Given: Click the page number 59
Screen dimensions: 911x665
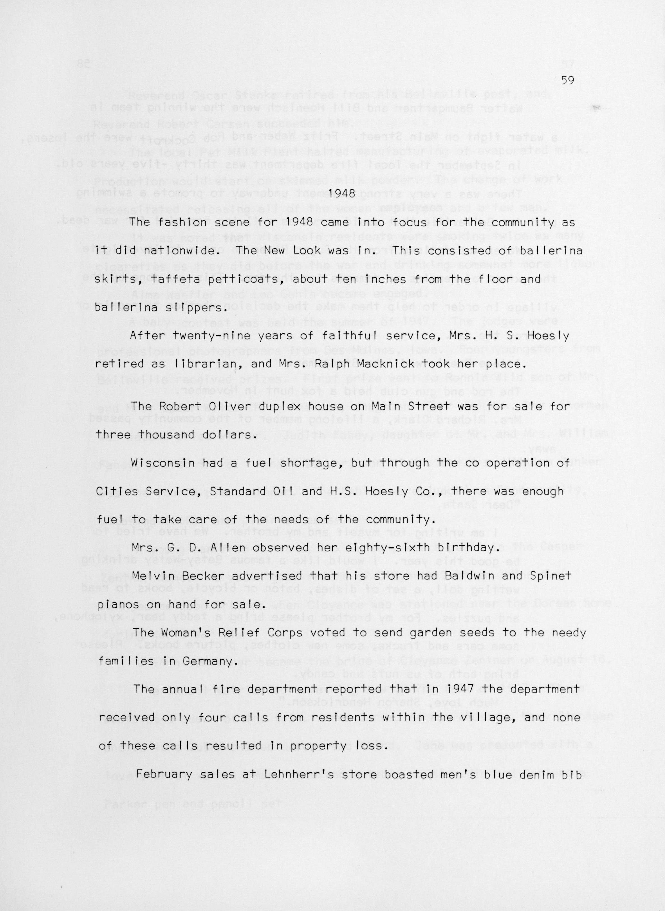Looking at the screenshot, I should point(567,80).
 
